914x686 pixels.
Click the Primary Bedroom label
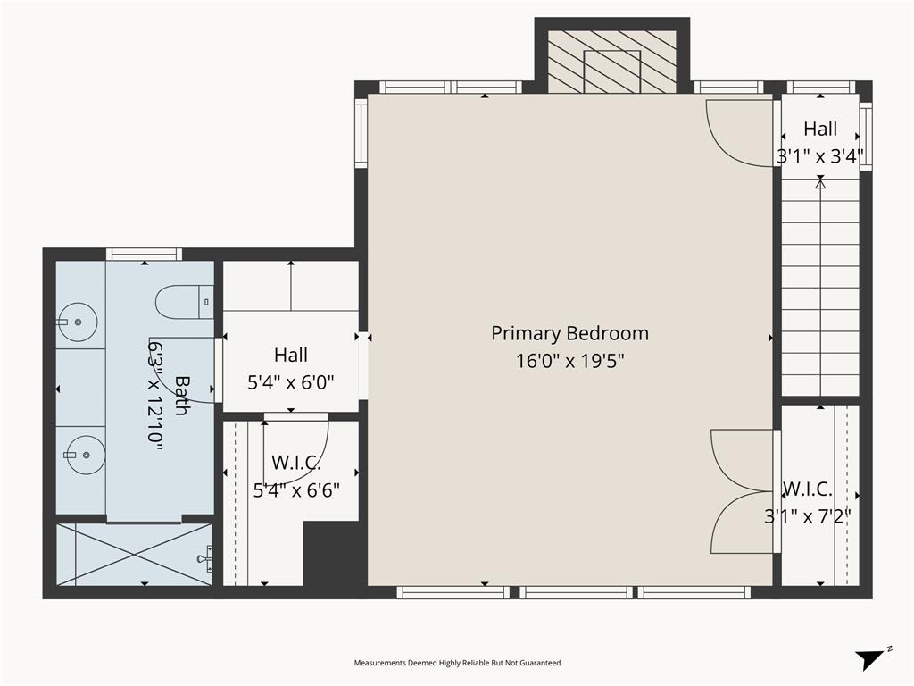click(x=569, y=333)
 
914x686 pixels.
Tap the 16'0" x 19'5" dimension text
click(x=569, y=361)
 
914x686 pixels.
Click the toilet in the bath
click(x=184, y=302)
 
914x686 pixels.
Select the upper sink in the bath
click(x=79, y=322)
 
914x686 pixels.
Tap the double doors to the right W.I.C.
click(x=743, y=491)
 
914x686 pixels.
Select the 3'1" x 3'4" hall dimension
click(x=819, y=157)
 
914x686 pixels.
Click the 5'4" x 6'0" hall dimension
click(x=290, y=382)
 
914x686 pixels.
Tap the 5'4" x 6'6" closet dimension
click(x=295, y=489)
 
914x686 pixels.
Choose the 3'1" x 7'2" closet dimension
click(x=807, y=515)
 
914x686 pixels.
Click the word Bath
click(x=181, y=395)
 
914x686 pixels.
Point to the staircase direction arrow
click(x=820, y=183)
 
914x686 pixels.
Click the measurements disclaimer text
click(x=457, y=663)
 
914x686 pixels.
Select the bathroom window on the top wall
click(x=144, y=254)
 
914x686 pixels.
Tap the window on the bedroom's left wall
click(x=361, y=133)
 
